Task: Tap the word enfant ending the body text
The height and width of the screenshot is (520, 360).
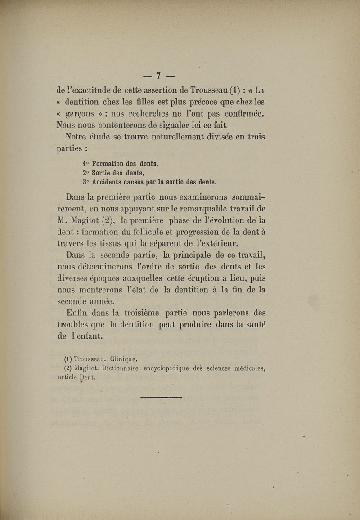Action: point(89,336)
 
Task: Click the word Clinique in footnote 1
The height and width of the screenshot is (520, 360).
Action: point(121,359)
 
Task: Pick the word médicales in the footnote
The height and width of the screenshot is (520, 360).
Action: point(245,370)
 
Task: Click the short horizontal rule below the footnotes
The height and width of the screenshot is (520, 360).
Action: point(161,398)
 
